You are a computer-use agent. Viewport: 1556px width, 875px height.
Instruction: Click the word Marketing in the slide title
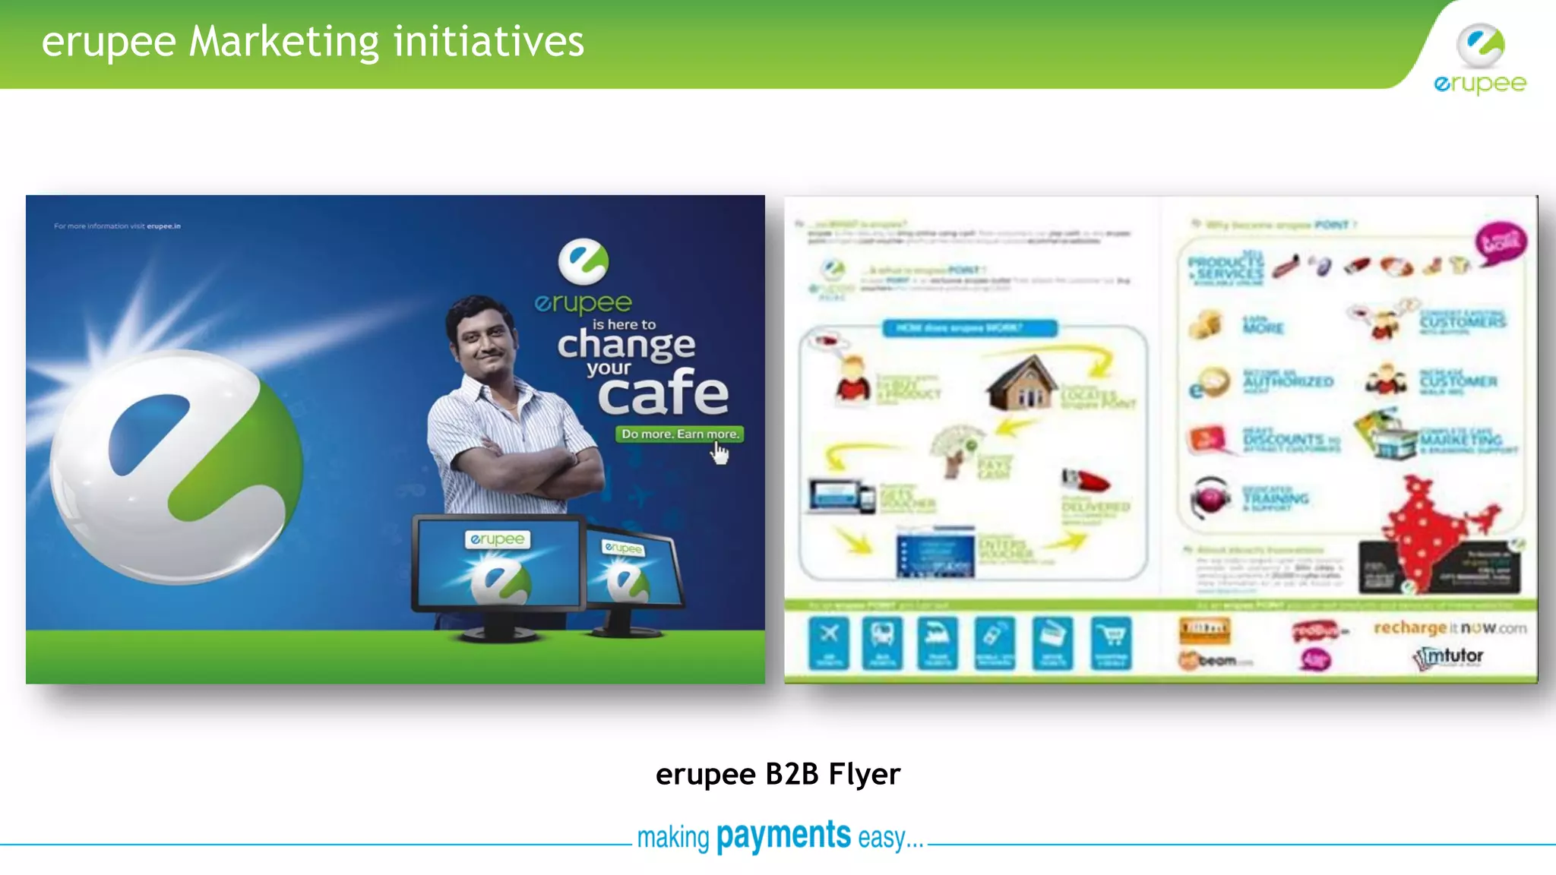tap(283, 42)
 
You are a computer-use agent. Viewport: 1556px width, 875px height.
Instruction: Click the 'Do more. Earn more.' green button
tap(679, 434)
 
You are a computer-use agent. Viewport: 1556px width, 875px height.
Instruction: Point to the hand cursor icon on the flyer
tap(719, 453)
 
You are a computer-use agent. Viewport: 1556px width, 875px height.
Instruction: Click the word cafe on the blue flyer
tap(663, 393)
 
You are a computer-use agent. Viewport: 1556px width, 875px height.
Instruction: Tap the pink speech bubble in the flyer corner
tap(1501, 242)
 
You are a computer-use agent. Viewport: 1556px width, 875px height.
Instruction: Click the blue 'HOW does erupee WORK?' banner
tap(969, 328)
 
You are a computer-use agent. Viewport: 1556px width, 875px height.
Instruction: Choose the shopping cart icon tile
tap(1111, 643)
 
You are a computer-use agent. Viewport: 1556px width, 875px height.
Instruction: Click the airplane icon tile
tap(829, 643)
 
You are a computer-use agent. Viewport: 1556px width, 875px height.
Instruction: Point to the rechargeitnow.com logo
tap(1449, 628)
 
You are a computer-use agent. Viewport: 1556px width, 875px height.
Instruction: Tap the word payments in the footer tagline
tap(783, 836)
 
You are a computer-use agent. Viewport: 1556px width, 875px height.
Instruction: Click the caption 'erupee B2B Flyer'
tap(777, 774)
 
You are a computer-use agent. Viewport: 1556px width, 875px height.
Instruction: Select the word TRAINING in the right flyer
tap(1276, 498)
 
